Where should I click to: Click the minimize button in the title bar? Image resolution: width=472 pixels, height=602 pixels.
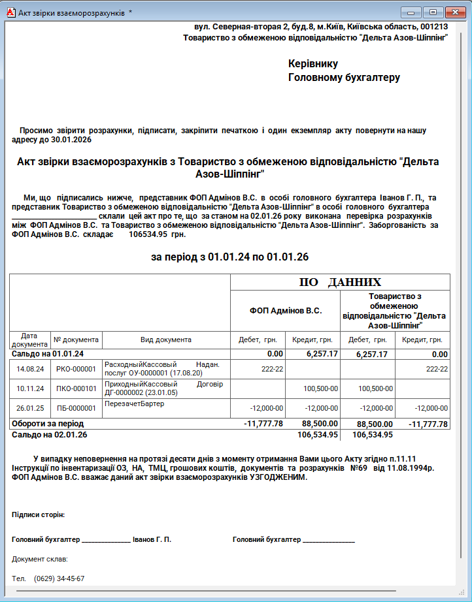[x=412, y=12]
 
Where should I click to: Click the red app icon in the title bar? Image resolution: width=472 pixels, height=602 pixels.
[x=8, y=12]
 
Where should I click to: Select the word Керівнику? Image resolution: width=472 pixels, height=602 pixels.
[x=312, y=64]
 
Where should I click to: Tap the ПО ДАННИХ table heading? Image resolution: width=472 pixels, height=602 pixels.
[x=340, y=282]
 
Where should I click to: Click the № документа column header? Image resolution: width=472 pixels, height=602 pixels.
[x=76, y=340]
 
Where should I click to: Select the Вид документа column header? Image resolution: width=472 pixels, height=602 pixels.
[x=166, y=340]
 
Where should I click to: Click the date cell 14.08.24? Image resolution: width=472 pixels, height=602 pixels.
[x=31, y=369]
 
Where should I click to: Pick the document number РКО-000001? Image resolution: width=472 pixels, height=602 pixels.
[x=76, y=369]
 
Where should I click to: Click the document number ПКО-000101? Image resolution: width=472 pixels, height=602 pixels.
[x=76, y=388]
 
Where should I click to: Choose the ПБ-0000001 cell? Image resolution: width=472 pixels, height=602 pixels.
[x=76, y=408]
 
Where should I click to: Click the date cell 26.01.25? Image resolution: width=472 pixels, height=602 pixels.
[x=31, y=408]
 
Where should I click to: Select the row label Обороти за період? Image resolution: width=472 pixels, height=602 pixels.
[x=48, y=424]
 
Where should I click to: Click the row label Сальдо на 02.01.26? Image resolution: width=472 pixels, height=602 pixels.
[x=49, y=434]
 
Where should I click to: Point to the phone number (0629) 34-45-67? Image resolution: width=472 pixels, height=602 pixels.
[x=59, y=579]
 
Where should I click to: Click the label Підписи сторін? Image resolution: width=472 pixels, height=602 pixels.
[x=38, y=515]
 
